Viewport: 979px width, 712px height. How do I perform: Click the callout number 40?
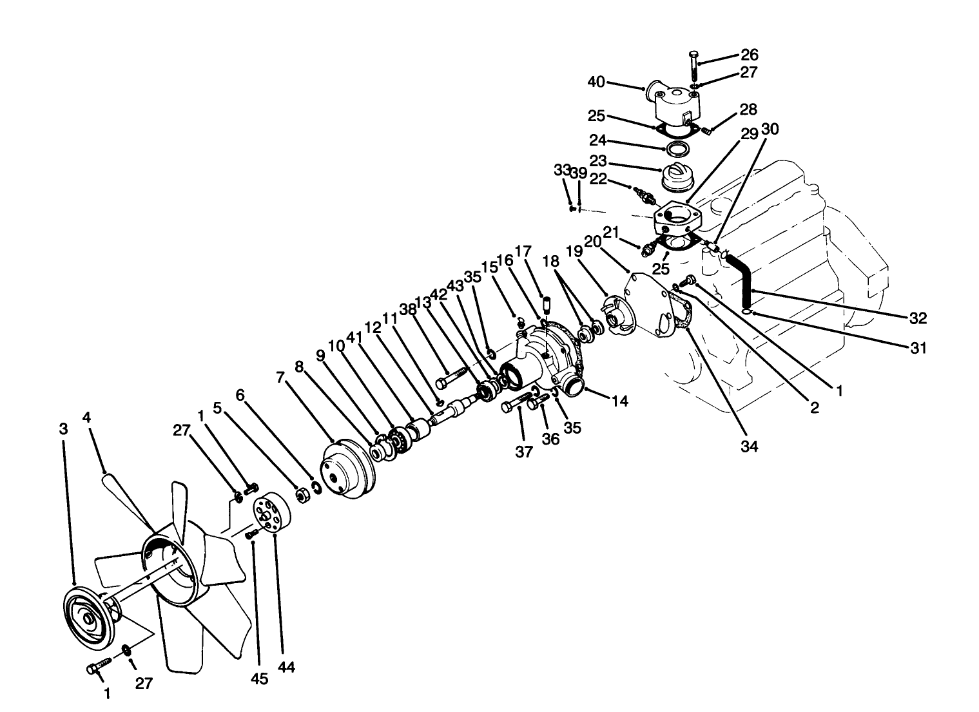[596, 82]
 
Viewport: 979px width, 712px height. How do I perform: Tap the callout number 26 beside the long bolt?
[749, 55]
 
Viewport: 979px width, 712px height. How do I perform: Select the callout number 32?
[918, 318]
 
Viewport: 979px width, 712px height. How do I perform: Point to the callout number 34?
[750, 446]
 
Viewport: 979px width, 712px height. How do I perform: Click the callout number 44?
[286, 668]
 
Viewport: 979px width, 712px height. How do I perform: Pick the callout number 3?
[63, 429]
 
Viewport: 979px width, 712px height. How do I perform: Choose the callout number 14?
[619, 401]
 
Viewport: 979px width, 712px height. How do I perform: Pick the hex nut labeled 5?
[300, 495]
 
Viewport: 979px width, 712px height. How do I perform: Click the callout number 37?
[524, 452]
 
